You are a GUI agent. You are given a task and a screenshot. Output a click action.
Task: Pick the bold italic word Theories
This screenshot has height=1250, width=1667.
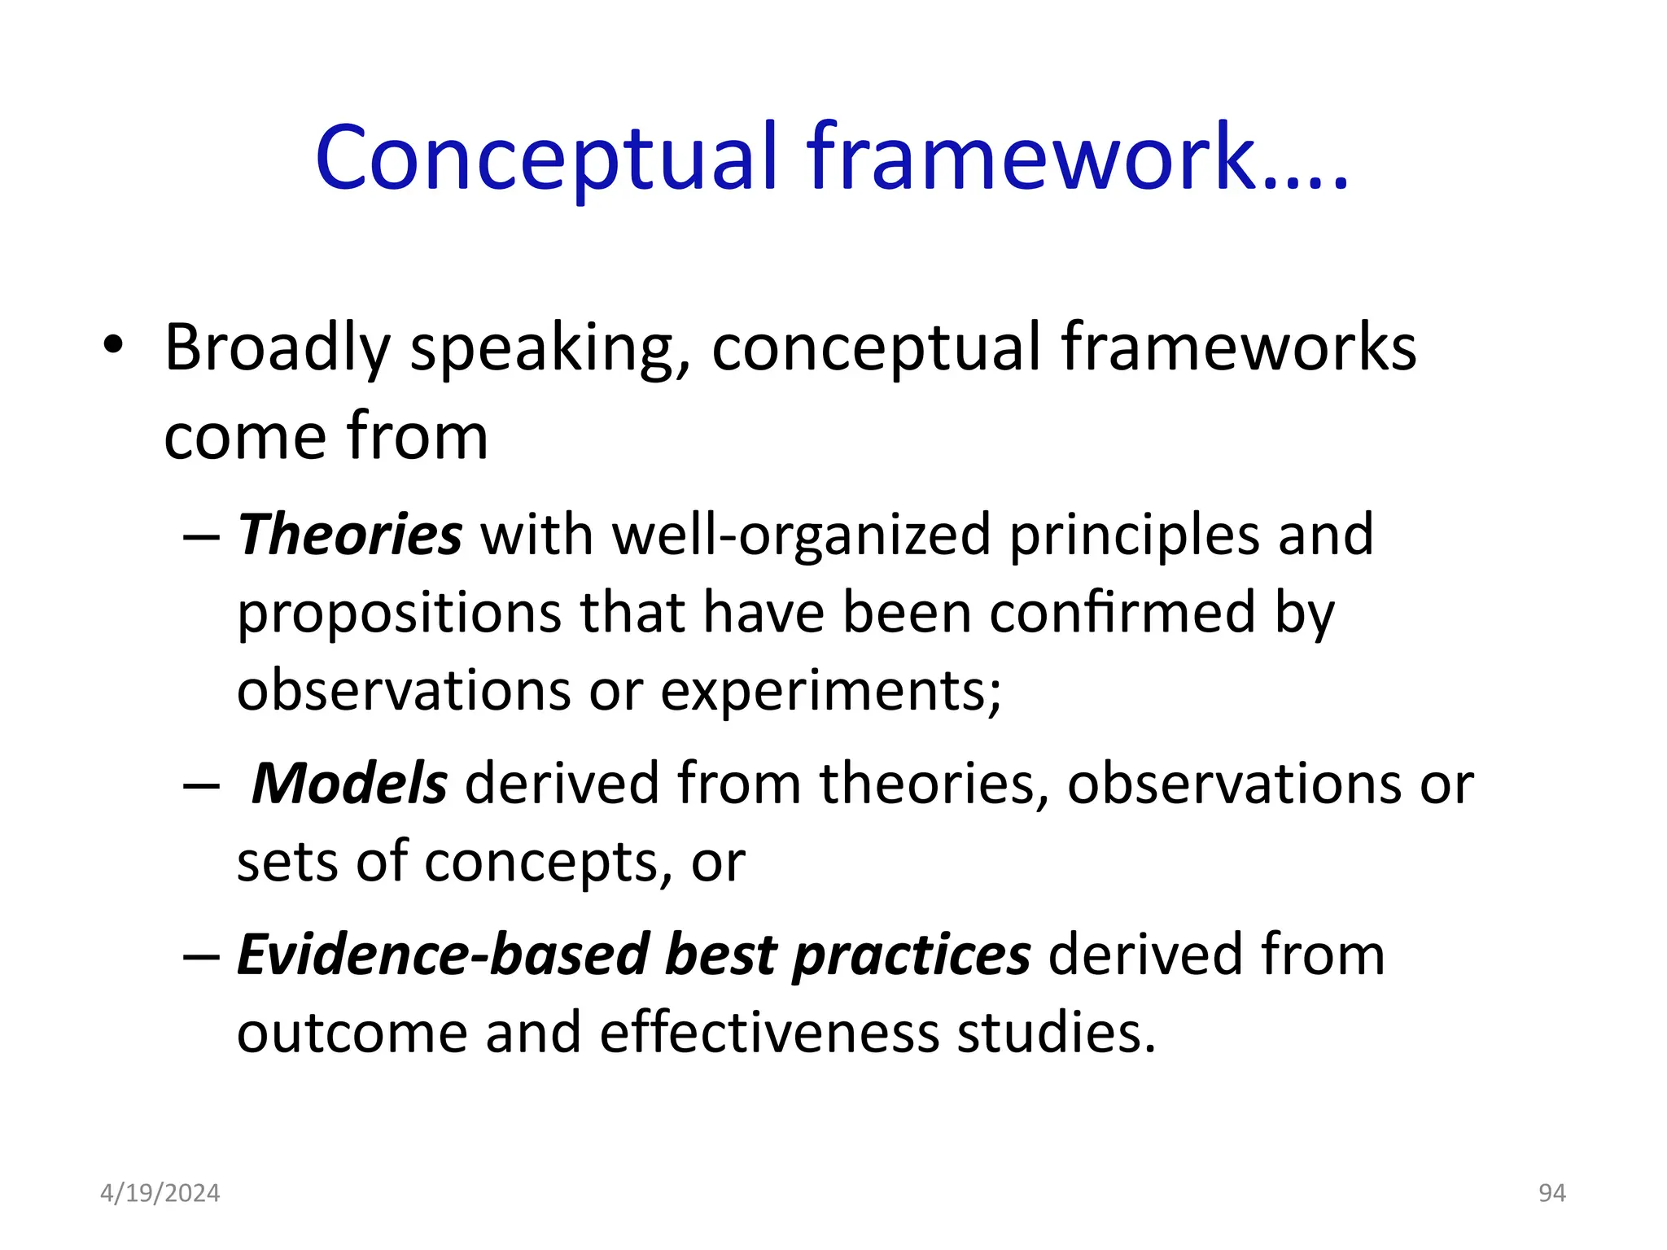[350, 535]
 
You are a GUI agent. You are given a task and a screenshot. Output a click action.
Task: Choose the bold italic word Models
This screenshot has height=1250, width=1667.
[349, 784]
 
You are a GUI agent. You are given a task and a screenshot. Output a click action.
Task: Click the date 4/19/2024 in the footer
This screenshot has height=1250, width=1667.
[160, 1193]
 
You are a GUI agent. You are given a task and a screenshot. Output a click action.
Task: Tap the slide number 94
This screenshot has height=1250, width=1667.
[1551, 1193]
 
